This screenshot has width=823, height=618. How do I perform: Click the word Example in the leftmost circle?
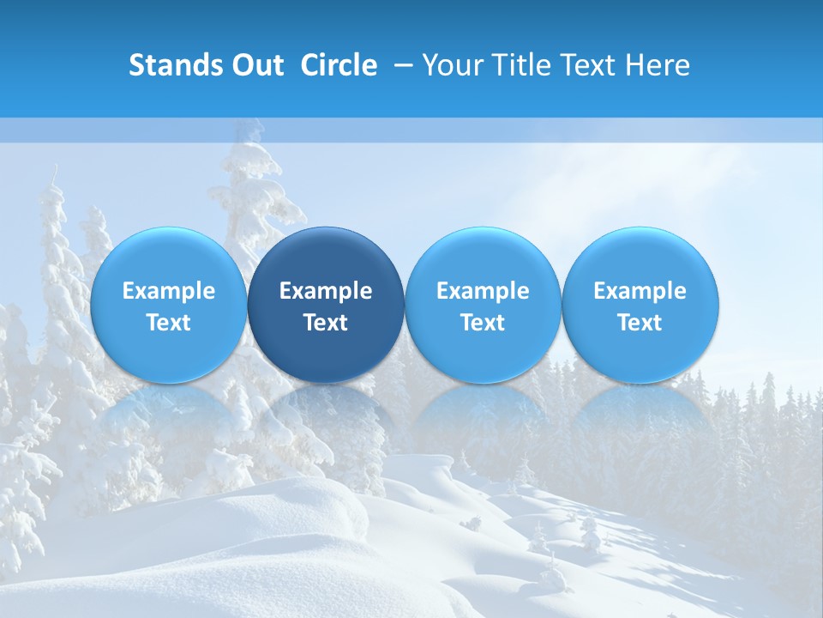168,291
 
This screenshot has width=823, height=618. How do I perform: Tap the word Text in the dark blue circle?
326,323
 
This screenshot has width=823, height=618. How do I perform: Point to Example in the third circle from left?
483,291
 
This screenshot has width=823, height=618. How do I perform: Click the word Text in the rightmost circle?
640,323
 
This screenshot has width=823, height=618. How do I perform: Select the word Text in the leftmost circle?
168,323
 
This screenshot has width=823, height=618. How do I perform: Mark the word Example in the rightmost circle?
640,291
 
